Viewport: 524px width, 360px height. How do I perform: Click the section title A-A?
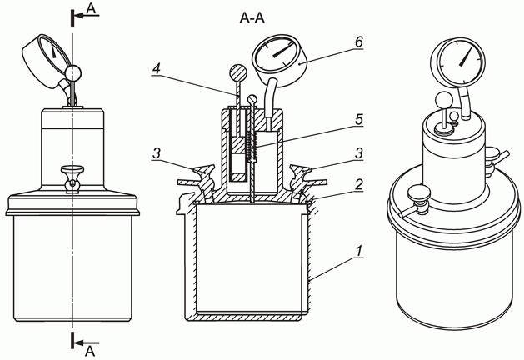pyautogui.click(x=252, y=18)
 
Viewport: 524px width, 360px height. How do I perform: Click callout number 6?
pyautogui.click(x=358, y=42)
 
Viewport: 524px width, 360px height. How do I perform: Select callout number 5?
pyautogui.click(x=359, y=120)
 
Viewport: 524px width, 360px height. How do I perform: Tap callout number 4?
pyautogui.click(x=157, y=68)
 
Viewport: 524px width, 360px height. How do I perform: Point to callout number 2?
pyautogui.click(x=358, y=184)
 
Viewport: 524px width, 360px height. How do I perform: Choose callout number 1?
pyautogui.click(x=358, y=251)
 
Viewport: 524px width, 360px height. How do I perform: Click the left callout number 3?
pyautogui.click(x=157, y=153)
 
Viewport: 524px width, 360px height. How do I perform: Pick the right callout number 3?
pyautogui.click(x=358, y=153)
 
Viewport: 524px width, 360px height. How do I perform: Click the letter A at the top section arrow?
pyautogui.click(x=91, y=8)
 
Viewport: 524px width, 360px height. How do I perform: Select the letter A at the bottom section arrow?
pyautogui.click(x=90, y=351)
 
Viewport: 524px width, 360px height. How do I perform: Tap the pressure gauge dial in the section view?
pyautogui.click(x=275, y=54)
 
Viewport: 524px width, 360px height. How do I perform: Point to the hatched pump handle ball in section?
pyautogui.click(x=238, y=72)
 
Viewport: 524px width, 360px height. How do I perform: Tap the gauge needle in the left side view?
pyautogui.click(x=53, y=50)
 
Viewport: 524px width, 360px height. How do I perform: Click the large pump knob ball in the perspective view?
pyautogui.click(x=444, y=100)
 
